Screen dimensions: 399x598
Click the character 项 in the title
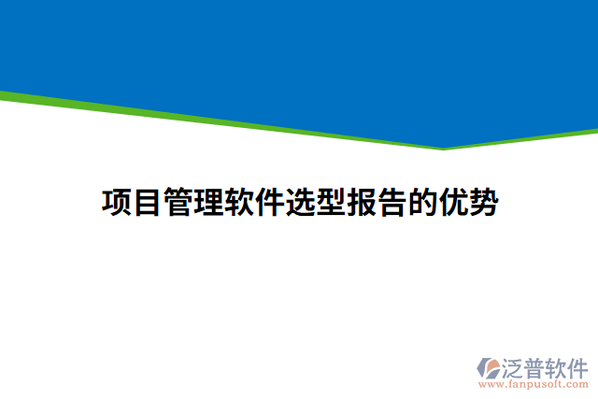click(x=117, y=202)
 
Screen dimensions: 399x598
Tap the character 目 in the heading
click(x=148, y=202)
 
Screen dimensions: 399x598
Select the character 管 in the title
click(x=178, y=202)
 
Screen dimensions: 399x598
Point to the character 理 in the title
click(x=208, y=202)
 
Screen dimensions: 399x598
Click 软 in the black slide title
click(x=238, y=202)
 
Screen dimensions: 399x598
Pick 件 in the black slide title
click(x=269, y=202)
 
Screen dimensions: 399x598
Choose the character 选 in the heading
click(x=299, y=202)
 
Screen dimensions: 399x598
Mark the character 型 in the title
click(x=330, y=202)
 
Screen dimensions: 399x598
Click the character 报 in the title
click(x=361, y=202)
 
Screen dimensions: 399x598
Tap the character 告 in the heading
click(x=391, y=202)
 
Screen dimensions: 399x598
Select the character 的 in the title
click(x=421, y=202)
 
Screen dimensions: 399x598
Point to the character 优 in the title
click(x=451, y=202)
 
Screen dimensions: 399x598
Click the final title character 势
click(x=482, y=202)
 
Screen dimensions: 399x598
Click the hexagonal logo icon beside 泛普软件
click(x=490, y=367)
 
